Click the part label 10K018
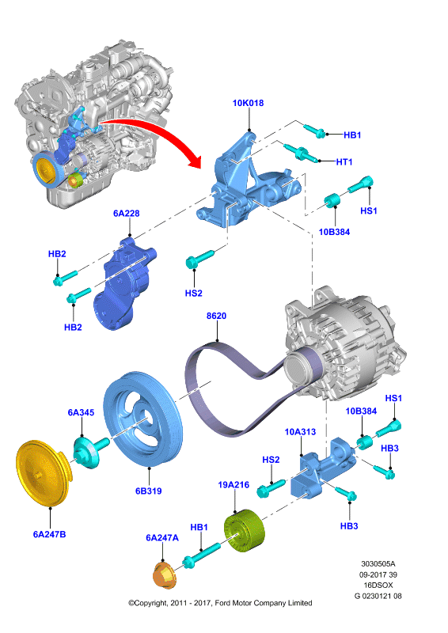pos(248,103)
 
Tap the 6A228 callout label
pos(127,213)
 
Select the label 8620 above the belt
pos(217,316)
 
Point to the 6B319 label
pos(149,491)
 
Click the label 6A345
pos(82,412)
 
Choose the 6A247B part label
pos(49,534)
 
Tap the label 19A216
pos(233,484)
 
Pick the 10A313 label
pos(300,431)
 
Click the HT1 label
pos(344,162)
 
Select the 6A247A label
pos(162,538)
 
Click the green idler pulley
pos(245,529)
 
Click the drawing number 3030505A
pos(378,563)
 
